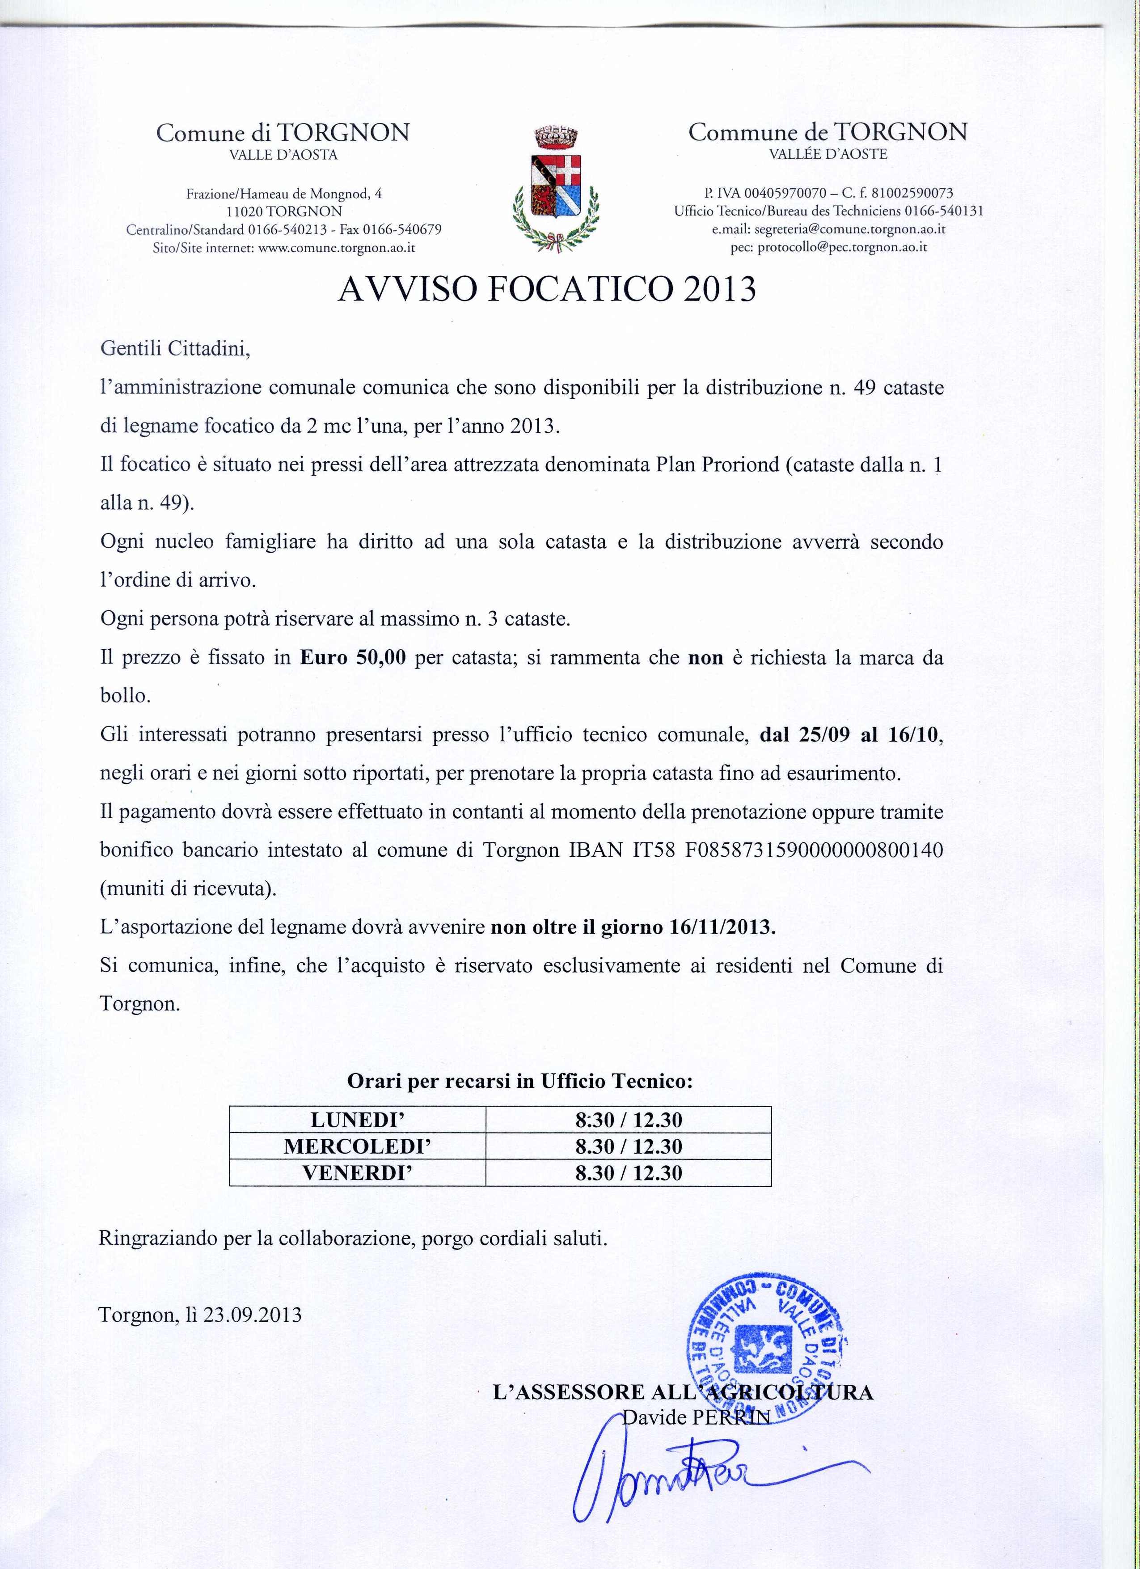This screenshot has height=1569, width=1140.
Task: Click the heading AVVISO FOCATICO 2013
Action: click(546, 289)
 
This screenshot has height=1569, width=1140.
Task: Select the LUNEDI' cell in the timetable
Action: click(358, 1119)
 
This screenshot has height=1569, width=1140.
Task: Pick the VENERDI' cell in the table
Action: click(358, 1172)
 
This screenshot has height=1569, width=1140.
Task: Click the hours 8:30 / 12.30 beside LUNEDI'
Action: click(628, 1119)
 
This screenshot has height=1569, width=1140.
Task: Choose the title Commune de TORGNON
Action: click(828, 131)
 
